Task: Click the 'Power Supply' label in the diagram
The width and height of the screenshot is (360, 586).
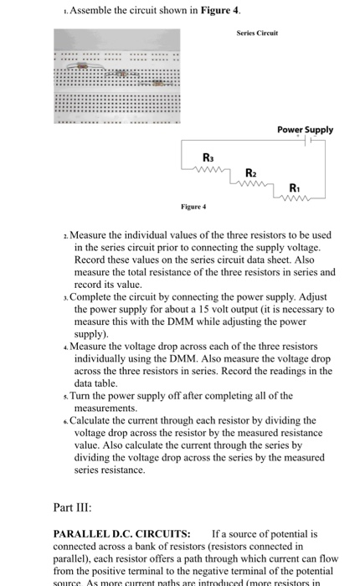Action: (x=305, y=130)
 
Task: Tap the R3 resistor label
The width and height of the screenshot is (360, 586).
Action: (x=208, y=157)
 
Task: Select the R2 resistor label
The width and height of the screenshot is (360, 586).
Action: (x=251, y=172)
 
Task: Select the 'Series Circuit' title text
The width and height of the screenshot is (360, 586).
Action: (x=257, y=33)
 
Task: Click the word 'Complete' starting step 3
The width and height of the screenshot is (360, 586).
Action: (x=99, y=296)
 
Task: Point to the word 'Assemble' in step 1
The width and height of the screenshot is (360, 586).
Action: (x=92, y=9)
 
